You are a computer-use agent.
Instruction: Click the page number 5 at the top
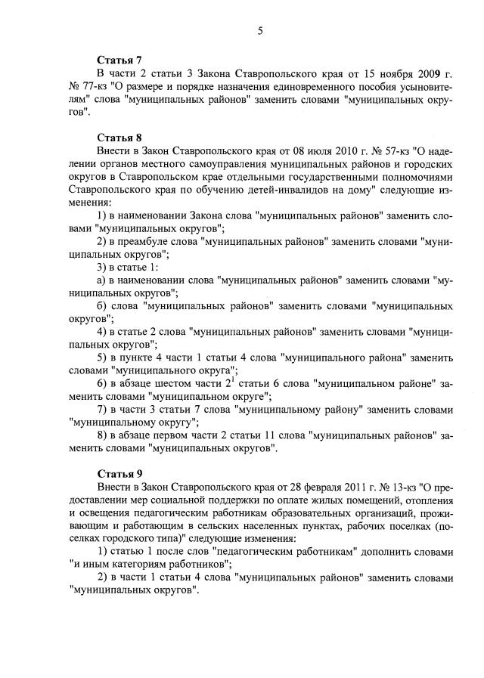click(259, 31)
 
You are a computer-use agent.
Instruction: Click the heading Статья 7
click(119, 60)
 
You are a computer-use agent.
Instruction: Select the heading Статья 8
click(119, 138)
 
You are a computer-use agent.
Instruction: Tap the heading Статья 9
click(119, 474)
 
